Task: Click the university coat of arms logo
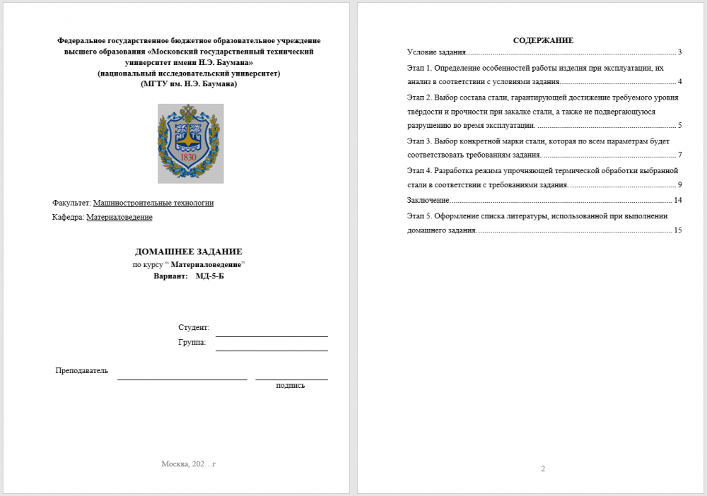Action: click(x=190, y=143)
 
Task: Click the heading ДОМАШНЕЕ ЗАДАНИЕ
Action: click(x=189, y=252)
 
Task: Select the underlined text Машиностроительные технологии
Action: click(x=153, y=203)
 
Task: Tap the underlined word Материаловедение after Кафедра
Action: click(x=119, y=218)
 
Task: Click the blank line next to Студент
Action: click(x=271, y=332)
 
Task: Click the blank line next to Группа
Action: click(x=271, y=346)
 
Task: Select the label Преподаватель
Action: click(x=82, y=371)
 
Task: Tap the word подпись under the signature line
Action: click(x=291, y=386)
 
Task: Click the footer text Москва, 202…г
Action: click(x=188, y=464)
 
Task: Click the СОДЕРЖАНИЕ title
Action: click(x=543, y=40)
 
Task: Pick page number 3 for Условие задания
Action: click(x=679, y=52)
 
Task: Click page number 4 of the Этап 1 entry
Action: click(x=679, y=82)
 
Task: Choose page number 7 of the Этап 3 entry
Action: click(x=679, y=155)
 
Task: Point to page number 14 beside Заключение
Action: click(x=677, y=200)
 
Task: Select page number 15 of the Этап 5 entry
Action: click(x=677, y=230)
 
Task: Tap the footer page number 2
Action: click(x=543, y=468)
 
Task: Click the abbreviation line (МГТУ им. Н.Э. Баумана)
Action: click(x=189, y=83)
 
